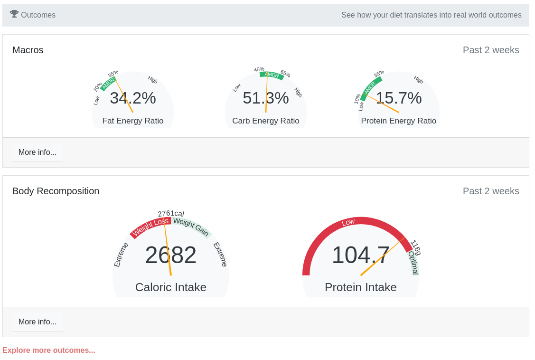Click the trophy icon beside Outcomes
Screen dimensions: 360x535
tap(14, 14)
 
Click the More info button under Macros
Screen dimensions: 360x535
tap(38, 152)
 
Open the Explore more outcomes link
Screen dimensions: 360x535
tap(49, 351)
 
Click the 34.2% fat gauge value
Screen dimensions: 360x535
tap(133, 98)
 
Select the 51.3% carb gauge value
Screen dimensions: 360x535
tap(266, 98)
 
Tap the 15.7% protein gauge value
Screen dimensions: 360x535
tap(399, 98)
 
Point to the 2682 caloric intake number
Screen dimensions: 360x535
tap(171, 255)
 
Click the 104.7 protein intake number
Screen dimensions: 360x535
tap(361, 255)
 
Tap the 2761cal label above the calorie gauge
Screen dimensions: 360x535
tap(171, 214)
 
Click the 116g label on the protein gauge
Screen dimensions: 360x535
tap(415, 247)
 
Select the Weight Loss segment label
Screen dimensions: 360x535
tap(150, 227)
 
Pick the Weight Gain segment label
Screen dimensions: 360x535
tap(191, 227)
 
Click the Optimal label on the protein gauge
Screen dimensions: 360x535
tap(413, 263)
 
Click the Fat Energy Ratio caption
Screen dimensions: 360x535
tap(133, 121)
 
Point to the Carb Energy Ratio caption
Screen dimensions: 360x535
tap(266, 121)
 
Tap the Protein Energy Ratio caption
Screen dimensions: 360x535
tap(399, 121)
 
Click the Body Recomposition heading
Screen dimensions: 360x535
tap(56, 191)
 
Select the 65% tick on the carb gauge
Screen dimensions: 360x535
tap(285, 74)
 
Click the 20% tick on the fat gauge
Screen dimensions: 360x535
tap(98, 87)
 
